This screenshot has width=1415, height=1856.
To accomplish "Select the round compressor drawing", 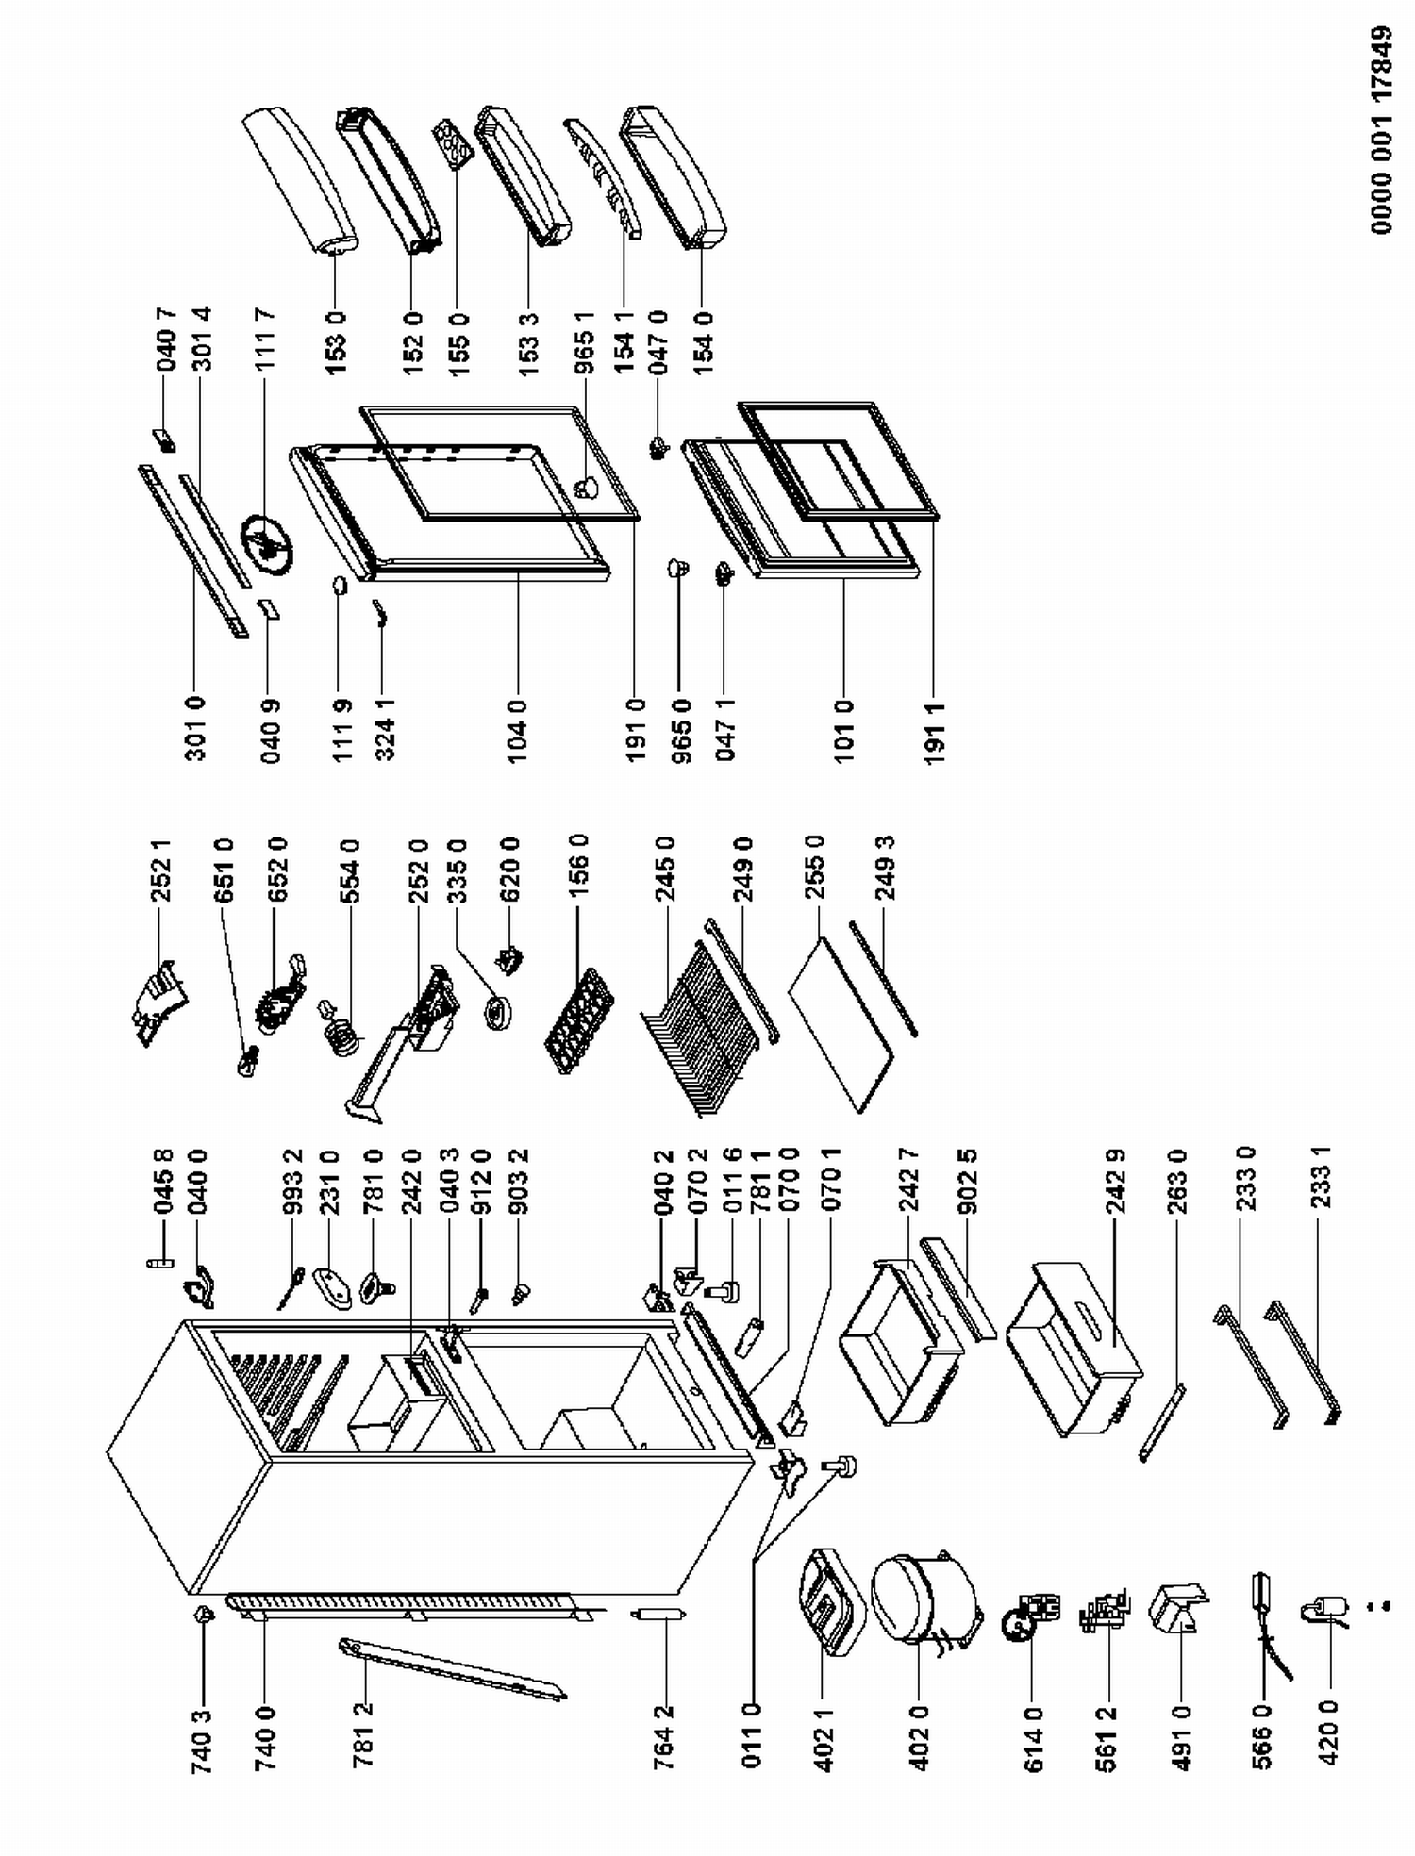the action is point(924,1604).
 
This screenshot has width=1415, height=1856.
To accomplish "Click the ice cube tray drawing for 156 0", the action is point(578,1020).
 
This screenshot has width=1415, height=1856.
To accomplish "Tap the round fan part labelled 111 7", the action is point(267,543).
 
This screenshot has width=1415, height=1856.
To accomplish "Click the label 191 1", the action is point(935,732).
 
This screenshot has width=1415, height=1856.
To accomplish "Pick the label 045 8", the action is point(163,1181).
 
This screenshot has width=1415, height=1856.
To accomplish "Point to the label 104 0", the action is point(518,732).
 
